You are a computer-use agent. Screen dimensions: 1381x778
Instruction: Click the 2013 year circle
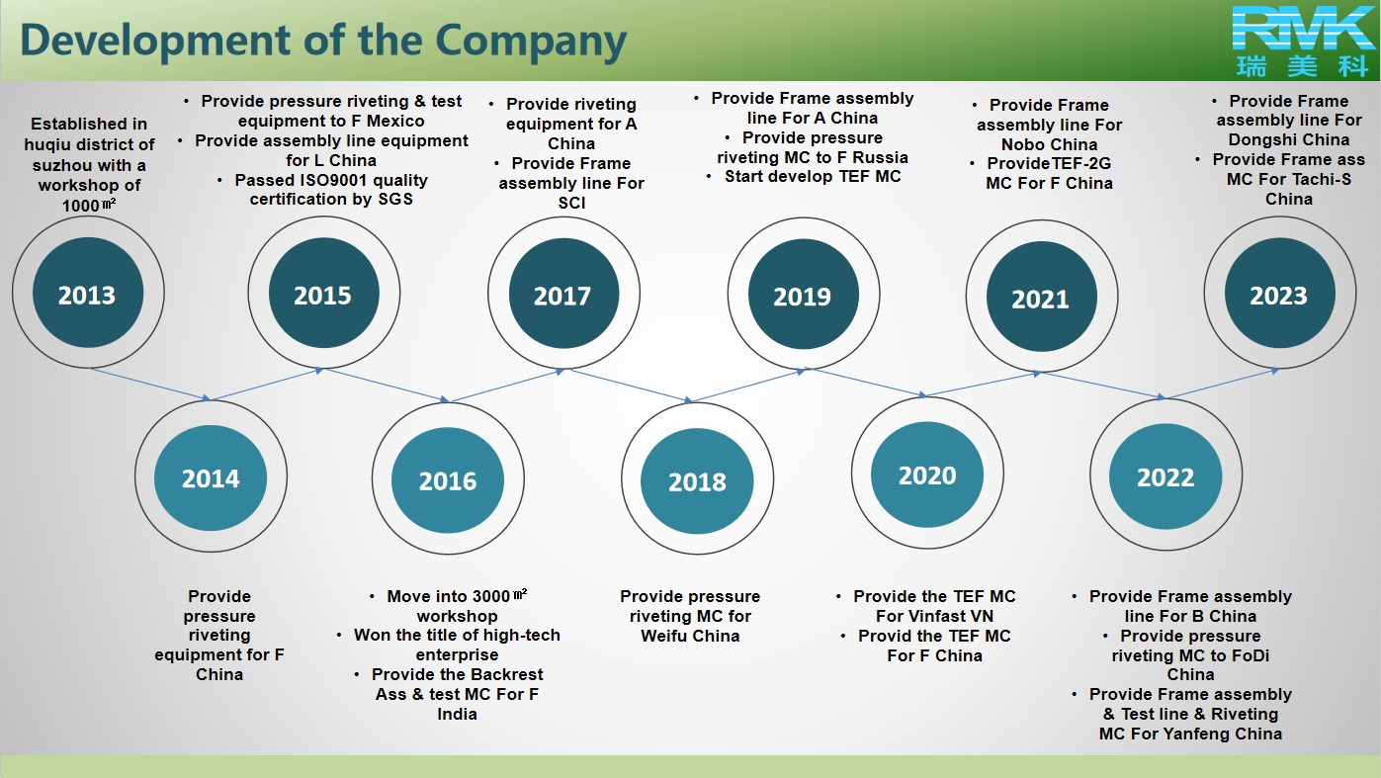point(88,293)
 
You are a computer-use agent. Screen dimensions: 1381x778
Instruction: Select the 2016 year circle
point(448,479)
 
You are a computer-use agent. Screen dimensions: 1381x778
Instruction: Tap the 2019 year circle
point(804,294)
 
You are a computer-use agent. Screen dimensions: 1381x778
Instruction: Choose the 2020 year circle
point(927,474)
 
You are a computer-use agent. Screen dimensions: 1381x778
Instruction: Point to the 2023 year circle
point(1280,293)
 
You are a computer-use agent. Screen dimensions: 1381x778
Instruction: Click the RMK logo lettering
point(1303,28)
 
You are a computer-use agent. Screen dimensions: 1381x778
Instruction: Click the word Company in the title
point(531,42)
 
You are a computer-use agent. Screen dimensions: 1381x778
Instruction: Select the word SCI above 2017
point(571,203)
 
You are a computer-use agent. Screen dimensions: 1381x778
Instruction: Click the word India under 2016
point(457,714)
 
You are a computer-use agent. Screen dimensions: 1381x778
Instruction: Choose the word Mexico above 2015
point(395,121)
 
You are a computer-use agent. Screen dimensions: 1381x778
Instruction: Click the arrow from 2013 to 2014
point(150,385)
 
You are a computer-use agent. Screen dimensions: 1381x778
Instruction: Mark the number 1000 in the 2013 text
point(81,206)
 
